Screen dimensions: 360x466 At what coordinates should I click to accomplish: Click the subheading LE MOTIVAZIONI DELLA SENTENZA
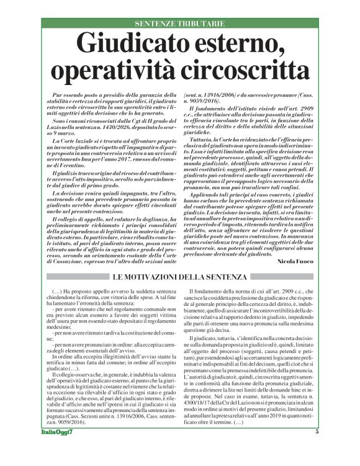[179, 277]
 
